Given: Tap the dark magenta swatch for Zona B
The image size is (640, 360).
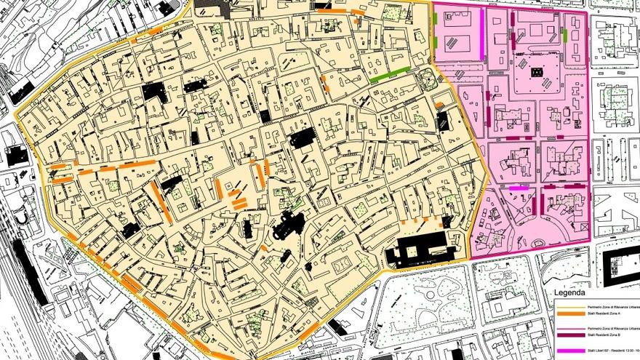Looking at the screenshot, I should point(570,336).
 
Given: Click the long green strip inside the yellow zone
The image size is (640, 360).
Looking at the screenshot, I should point(389,74).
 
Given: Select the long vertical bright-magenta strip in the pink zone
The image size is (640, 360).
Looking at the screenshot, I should point(481,31).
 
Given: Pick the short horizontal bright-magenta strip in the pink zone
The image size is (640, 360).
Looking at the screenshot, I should point(519,188).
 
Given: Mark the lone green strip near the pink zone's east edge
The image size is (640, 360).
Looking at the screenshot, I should point(565,36).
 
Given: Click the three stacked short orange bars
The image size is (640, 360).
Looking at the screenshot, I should point(238,199).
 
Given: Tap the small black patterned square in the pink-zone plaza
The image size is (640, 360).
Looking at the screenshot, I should point(537,71).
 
